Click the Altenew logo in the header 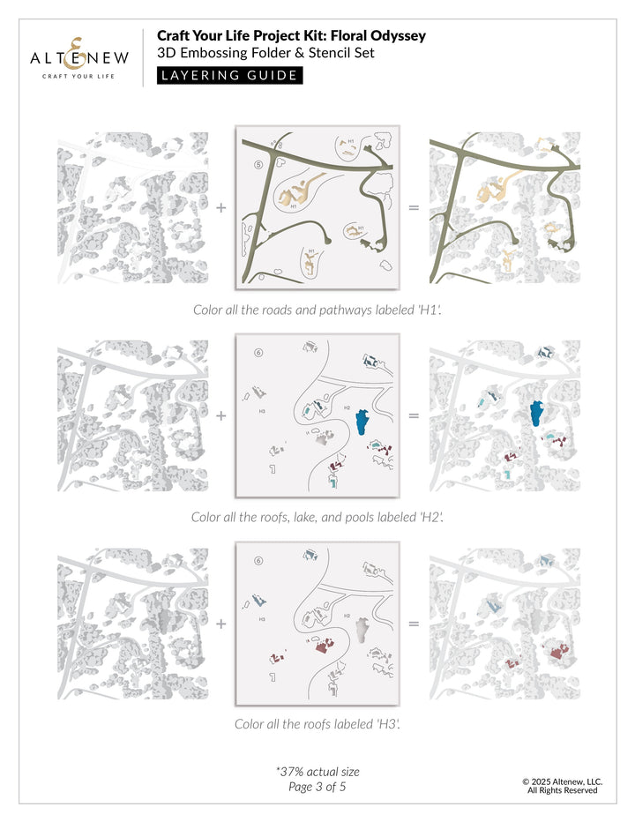[x=80, y=57]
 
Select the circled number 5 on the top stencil [x=258, y=163]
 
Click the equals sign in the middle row [x=413, y=415]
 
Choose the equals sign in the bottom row [x=413, y=624]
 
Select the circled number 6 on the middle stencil [x=258, y=353]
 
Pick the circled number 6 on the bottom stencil [x=258, y=561]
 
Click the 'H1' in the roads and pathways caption [x=429, y=310]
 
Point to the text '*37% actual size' [x=317, y=771]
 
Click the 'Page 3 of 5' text [x=317, y=786]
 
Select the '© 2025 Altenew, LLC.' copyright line [x=562, y=781]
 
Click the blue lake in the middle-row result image [x=534, y=413]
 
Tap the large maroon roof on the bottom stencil [x=323, y=648]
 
